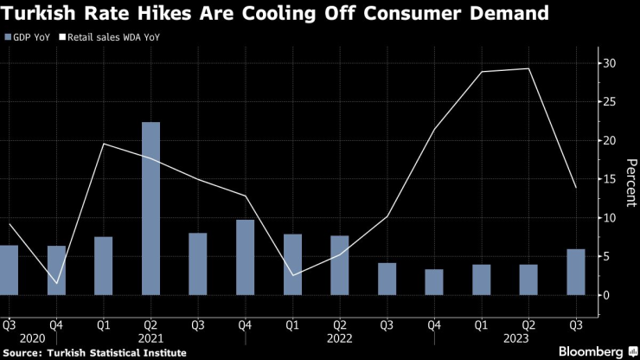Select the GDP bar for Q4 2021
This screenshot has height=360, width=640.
pyautogui.click(x=245, y=257)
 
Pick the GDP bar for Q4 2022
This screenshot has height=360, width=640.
pyautogui.click(x=434, y=282)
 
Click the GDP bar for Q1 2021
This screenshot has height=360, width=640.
pyautogui.click(x=104, y=266)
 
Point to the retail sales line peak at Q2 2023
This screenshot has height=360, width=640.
pyautogui.click(x=528, y=68)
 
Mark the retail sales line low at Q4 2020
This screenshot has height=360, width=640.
pyautogui.click(x=56, y=283)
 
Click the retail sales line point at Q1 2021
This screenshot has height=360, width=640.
pyautogui.click(x=104, y=144)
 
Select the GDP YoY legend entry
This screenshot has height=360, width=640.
pyautogui.click(x=25, y=38)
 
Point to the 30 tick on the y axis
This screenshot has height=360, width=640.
pyautogui.click(x=609, y=63)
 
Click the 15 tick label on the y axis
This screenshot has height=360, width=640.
pyautogui.click(x=609, y=179)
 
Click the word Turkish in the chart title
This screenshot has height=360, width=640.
pyautogui.click(x=39, y=14)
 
